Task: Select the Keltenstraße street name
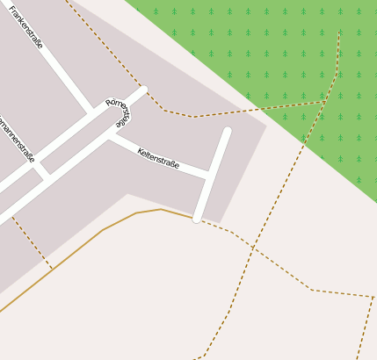158,158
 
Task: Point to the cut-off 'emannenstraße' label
16,138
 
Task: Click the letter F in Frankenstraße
11,10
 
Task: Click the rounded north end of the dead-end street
227,132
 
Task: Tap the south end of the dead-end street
198,218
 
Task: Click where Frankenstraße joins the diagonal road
91,112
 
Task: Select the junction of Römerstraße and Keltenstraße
110,135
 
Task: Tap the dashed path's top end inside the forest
339,32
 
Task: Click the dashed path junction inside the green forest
325,102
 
